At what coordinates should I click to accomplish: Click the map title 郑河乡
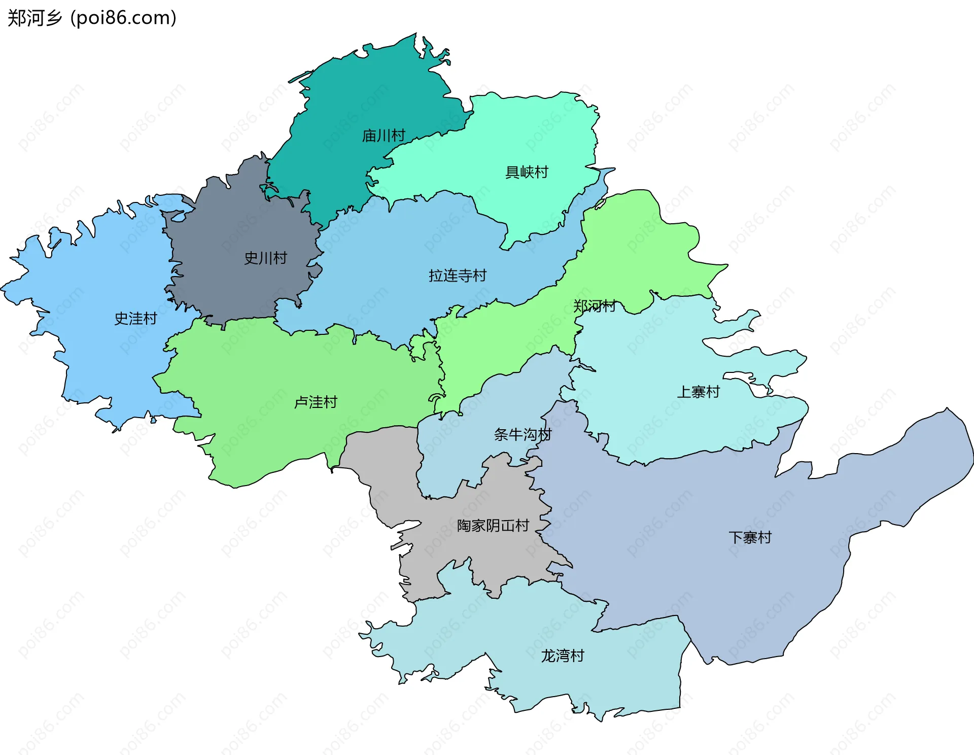pos(34,18)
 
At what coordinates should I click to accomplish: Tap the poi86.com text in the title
pos(123,18)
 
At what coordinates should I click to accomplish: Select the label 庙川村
pos(384,135)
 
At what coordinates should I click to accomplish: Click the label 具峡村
pos(527,173)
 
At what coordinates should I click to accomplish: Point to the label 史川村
pos(265,258)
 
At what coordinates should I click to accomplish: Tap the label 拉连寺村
pos(458,276)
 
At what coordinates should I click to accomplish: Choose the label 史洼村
pos(135,319)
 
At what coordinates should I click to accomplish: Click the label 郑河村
pos(594,306)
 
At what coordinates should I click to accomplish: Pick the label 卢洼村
pos(316,402)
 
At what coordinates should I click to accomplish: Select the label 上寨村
pos(698,392)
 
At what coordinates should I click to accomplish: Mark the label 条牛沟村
pos(523,435)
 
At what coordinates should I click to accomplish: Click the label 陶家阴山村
pos(493,526)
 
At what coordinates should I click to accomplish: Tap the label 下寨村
pos(750,538)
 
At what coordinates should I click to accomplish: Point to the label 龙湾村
pos(562,656)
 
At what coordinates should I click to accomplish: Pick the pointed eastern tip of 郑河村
pos(726,265)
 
